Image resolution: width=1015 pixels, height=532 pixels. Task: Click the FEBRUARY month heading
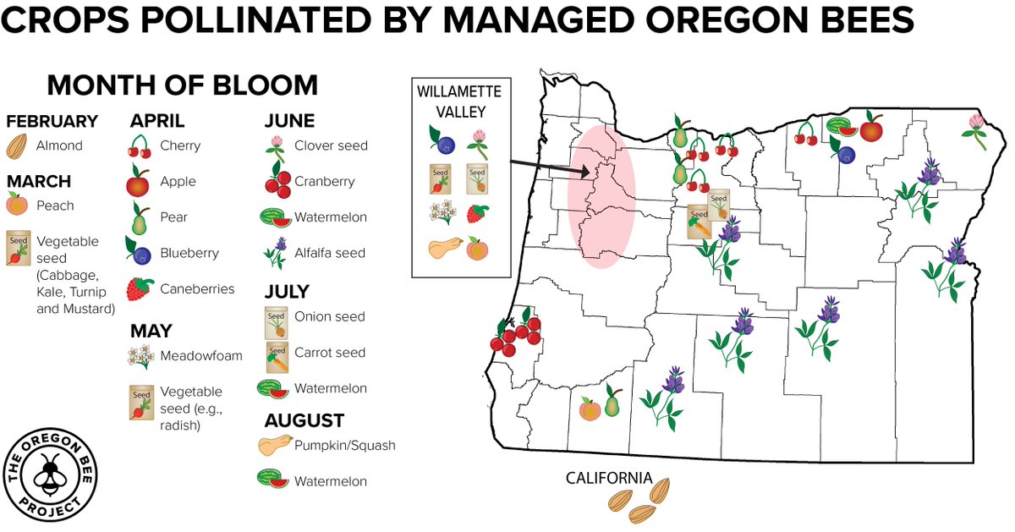tap(52, 122)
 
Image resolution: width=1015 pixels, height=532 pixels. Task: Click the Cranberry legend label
tap(324, 181)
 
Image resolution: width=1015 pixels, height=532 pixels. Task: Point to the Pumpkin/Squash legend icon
tap(275, 445)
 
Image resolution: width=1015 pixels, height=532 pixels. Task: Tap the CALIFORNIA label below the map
tap(609, 478)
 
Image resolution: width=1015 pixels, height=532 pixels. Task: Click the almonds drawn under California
tap(641, 502)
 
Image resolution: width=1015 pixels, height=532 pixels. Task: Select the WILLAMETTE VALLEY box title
tap(459, 98)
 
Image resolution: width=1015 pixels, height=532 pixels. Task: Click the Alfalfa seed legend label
tap(330, 253)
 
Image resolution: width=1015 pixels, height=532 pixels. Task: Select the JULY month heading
tap(288, 293)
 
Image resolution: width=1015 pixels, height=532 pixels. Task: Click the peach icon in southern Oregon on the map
tap(590, 410)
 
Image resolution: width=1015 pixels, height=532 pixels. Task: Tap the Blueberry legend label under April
tap(189, 253)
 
